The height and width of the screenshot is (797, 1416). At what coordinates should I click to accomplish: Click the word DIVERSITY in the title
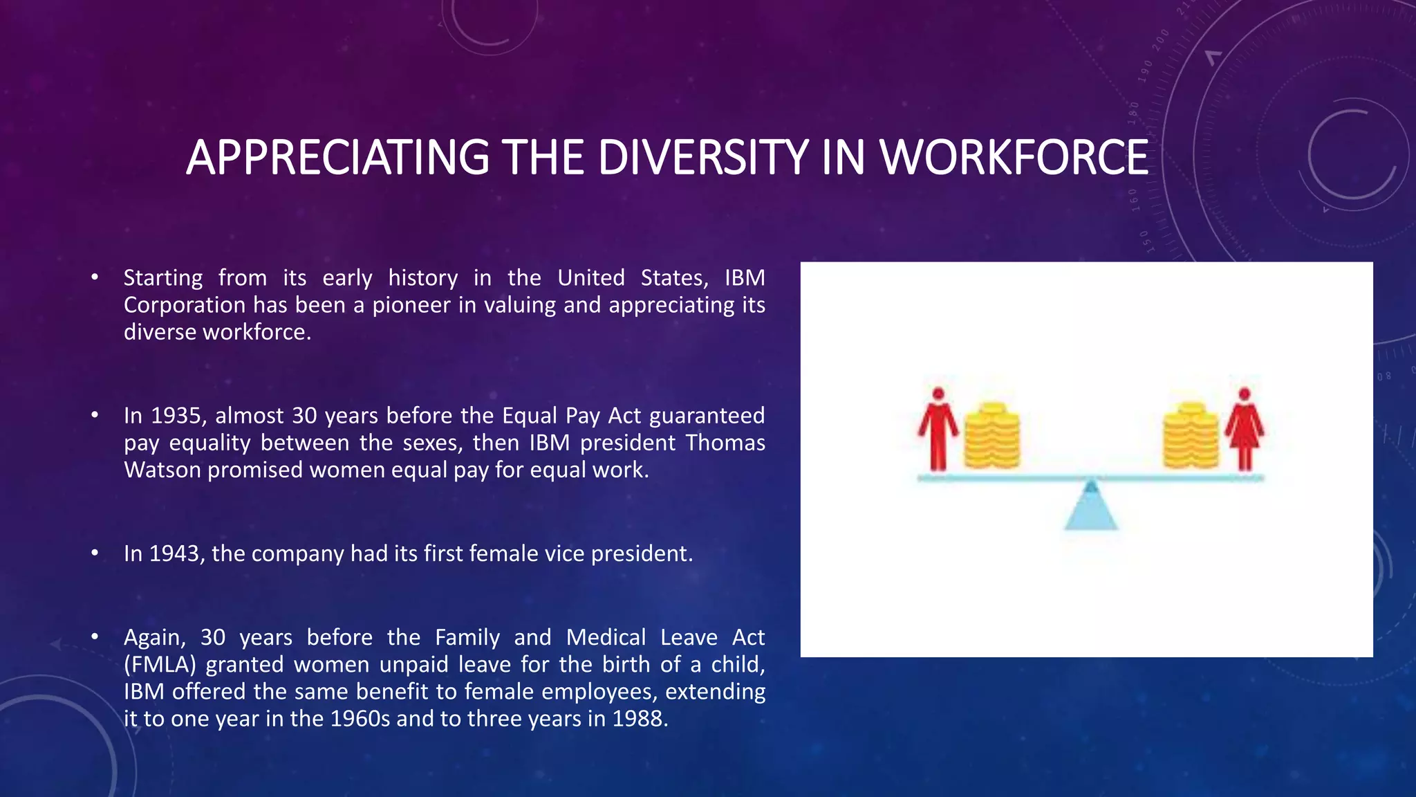(x=702, y=158)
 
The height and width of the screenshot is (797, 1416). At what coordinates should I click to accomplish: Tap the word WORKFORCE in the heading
(x=1014, y=158)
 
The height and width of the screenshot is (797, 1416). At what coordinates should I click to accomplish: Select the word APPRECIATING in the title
(x=337, y=158)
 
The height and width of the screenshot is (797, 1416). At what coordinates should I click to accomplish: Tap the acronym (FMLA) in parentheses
(x=160, y=665)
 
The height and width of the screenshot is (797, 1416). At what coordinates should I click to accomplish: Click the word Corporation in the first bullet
(x=185, y=305)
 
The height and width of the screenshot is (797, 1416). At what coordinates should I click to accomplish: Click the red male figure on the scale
(x=938, y=429)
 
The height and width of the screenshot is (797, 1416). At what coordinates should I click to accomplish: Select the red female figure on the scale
(x=1245, y=429)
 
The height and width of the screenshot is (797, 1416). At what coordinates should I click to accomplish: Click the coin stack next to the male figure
(x=991, y=436)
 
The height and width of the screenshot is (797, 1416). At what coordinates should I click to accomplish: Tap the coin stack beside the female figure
(x=1190, y=436)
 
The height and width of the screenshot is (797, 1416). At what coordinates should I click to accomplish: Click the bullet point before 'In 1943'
(x=95, y=553)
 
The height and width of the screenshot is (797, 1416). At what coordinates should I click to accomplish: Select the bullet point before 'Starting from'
(x=95, y=278)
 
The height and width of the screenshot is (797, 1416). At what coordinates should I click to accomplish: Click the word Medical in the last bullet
(x=606, y=637)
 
